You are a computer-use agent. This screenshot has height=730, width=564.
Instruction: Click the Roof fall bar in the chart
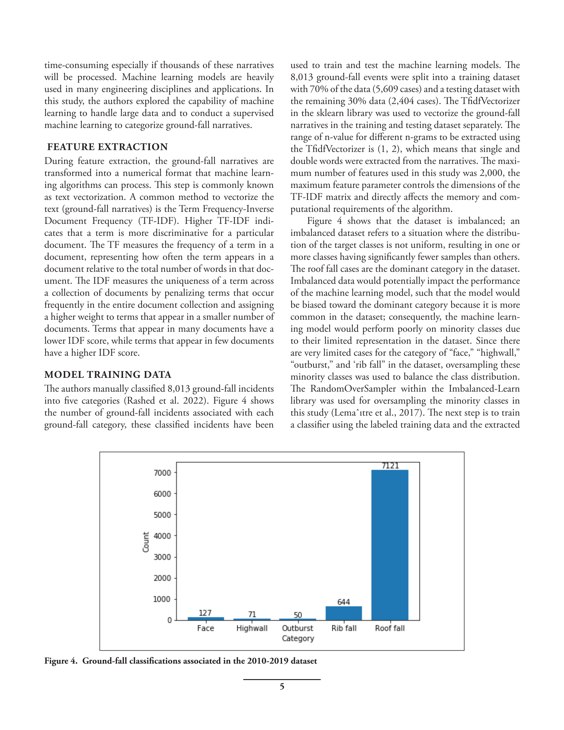390,545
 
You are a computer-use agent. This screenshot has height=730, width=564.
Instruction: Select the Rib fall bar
344,613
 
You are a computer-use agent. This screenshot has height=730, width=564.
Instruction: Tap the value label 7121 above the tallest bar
390,466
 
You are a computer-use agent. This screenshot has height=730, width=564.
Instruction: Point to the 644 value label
344,602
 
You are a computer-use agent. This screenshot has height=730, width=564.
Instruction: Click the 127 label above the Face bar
205,613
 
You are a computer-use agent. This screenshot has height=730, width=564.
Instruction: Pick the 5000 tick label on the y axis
162,515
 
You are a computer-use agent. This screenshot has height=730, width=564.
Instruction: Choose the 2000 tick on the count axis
162,578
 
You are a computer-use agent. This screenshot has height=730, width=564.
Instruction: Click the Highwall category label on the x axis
252,628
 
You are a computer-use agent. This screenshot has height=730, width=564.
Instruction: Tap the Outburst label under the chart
297,628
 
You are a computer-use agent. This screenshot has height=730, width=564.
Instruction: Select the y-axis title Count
146,542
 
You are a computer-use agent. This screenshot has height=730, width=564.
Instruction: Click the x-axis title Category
298,638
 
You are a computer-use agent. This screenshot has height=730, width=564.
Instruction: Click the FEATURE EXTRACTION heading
107,147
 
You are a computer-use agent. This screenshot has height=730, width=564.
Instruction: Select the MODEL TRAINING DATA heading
108,375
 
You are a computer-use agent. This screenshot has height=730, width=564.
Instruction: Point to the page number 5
282,687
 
